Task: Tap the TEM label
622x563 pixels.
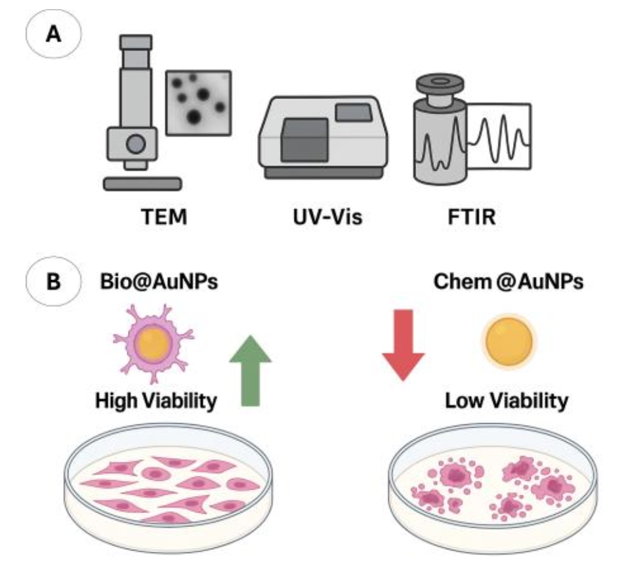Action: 164,217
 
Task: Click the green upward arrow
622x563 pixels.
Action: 250,371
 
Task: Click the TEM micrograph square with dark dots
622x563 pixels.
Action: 198,102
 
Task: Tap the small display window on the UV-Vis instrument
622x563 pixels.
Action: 354,112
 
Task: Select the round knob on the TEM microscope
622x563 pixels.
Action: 136,144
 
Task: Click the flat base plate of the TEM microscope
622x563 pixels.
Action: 142,184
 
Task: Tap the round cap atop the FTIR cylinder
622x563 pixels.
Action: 440,84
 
